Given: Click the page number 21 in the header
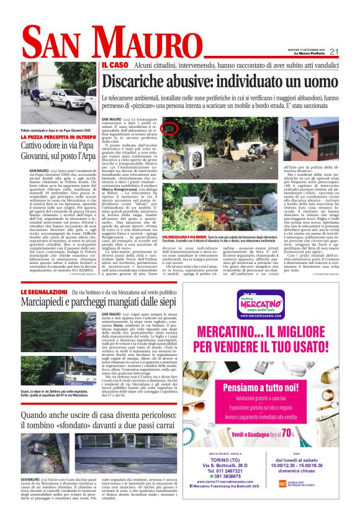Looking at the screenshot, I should point(333,52).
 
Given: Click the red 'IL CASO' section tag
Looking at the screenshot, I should point(115,65).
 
